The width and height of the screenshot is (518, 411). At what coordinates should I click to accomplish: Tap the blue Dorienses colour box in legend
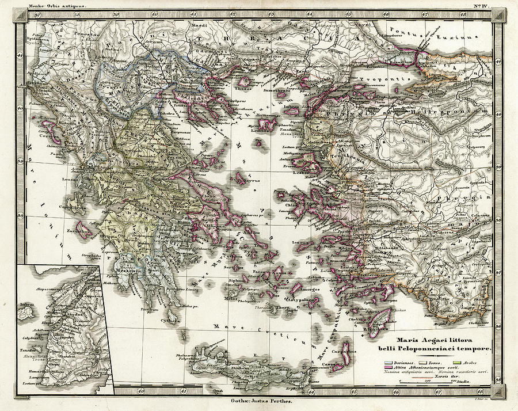[x=389, y=363]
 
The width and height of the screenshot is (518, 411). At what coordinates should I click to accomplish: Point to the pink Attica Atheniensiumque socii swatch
[x=389, y=367]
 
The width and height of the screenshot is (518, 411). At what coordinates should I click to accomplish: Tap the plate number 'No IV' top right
[x=481, y=6]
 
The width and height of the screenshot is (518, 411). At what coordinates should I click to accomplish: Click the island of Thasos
[x=243, y=82]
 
